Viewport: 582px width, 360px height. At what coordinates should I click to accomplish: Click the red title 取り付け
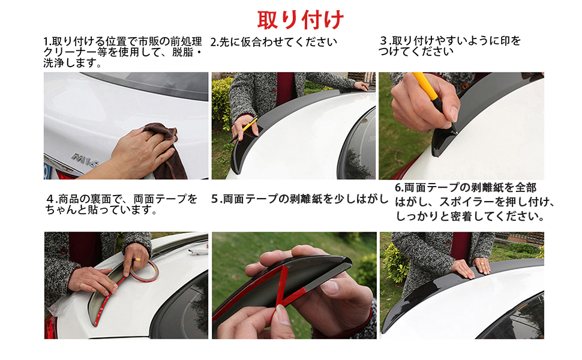click(301, 20)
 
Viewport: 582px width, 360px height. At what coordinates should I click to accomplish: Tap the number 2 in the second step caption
click(214, 42)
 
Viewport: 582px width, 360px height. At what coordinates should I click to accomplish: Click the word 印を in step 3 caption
click(512, 41)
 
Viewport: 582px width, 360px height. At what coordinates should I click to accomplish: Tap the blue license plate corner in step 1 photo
click(46, 171)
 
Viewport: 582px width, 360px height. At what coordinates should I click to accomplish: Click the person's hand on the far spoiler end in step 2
click(361, 86)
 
